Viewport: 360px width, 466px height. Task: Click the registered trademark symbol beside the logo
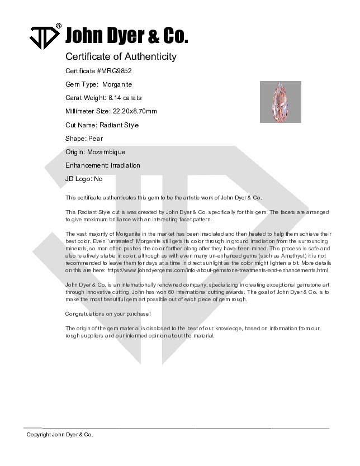pos(59,26)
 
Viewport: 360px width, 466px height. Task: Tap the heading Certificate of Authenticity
pos(121,56)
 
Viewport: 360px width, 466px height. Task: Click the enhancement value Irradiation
pos(125,165)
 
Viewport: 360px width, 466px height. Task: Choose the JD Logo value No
pos(98,179)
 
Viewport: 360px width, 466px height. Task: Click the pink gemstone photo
pos(280,102)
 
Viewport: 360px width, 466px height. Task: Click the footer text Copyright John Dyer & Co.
pos(60,434)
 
